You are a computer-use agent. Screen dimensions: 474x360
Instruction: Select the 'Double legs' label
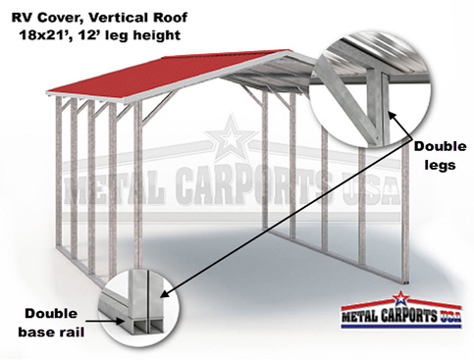pyautogui.click(x=434, y=156)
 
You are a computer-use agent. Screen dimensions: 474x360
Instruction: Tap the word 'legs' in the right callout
pyautogui.click(x=434, y=165)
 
